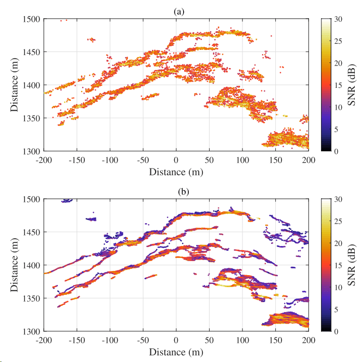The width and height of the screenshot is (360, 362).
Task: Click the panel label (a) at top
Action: (176, 11)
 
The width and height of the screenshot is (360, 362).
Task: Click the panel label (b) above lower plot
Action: (176, 191)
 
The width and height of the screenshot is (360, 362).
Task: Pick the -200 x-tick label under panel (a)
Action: (44, 159)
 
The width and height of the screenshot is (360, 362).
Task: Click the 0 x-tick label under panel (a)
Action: (176, 159)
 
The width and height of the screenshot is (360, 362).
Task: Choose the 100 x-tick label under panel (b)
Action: (242, 339)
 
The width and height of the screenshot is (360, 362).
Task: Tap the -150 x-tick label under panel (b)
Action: (77, 339)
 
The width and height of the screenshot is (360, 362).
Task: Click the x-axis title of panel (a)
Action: (176, 171)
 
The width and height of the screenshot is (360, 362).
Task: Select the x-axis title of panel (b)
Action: (176, 351)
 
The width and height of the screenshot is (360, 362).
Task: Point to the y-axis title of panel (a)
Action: (15, 85)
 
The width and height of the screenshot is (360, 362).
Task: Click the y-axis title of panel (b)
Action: (15, 265)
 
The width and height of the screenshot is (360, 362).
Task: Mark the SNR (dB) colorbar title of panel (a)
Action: (352, 85)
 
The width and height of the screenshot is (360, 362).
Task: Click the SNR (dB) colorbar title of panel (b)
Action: (352, 265)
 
